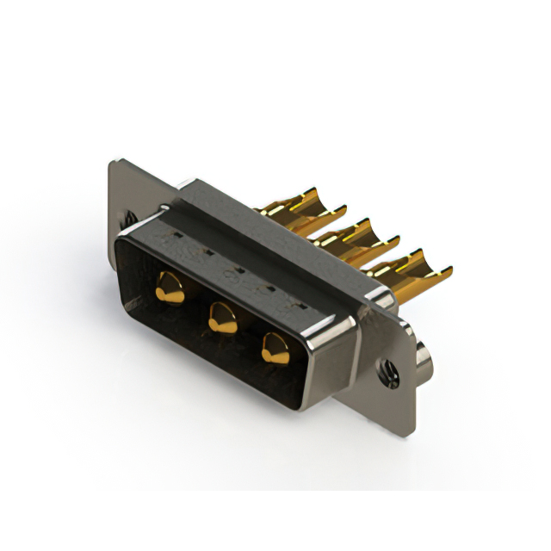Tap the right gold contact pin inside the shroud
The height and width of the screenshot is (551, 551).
click(276, 347)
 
